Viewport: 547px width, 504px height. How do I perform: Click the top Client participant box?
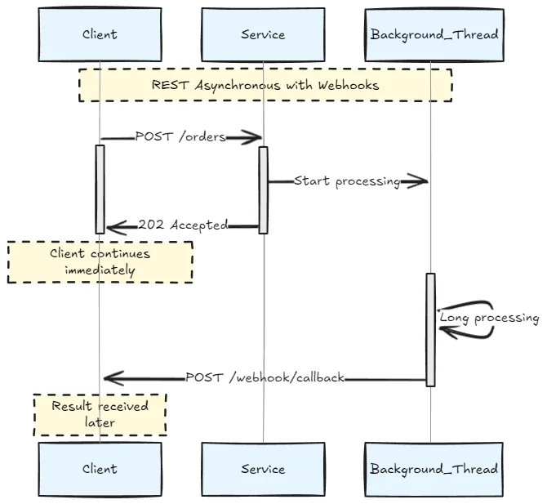tap(100, 34)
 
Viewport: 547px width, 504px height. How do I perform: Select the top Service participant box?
tap(263, 34)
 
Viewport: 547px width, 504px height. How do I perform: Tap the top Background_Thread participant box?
tap(434, 34)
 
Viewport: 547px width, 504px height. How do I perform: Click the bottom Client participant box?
tap(100, 469)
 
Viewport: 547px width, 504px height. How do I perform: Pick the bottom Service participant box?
tap(263, 469)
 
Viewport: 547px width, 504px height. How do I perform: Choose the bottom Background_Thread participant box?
tap(434, 469)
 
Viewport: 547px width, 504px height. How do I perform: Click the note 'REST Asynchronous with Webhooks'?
tap(265, 85)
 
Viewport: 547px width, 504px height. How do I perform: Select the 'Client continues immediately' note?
tap(100, 261)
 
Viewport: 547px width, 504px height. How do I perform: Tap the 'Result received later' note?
tap(100, 415)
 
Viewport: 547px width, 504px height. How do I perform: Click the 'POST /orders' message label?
tap(180, 137)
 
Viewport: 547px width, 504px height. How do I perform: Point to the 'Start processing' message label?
tap(347, 181)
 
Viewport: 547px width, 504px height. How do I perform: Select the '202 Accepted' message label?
tap(183, 225)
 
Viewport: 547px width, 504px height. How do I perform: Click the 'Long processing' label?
tap(489, 318)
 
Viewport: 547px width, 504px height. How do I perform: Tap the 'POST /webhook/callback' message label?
tap(265, 377)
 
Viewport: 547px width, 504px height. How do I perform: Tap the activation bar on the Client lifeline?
tap(100, 188)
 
